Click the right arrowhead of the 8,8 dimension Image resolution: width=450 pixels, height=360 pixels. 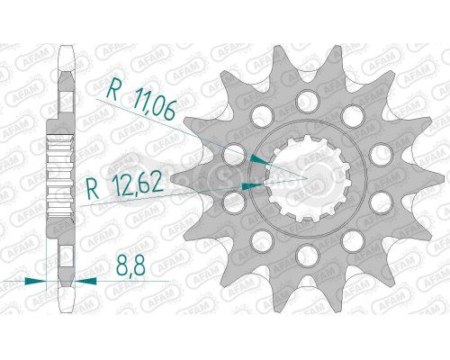coord(85,281)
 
